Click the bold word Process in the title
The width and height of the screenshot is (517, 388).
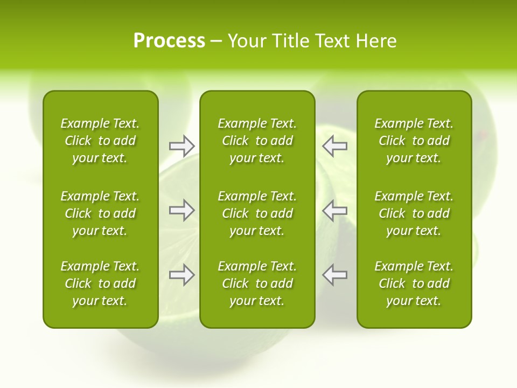(169, 41)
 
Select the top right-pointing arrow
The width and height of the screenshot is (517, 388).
(181, 145)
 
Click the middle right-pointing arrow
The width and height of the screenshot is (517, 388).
(181, 210)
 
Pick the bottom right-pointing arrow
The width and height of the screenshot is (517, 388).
(181, 275)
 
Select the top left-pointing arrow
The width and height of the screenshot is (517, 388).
(335, 145)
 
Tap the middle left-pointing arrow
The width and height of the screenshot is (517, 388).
(335, 210)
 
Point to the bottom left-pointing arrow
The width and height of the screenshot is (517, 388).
(335, 275)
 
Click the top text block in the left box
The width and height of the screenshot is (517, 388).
(100, 141)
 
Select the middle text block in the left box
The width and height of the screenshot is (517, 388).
(100, 213)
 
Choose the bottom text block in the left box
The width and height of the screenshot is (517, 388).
(100, 283)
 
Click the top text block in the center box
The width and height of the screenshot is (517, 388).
(257, 141)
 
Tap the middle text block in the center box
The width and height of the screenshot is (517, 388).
(257, 213)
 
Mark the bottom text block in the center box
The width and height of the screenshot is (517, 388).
(257, 283)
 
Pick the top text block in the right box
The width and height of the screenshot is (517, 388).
(414, 141)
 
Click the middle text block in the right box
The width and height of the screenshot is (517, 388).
(414, 213)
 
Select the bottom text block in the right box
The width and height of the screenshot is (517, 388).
(414, 283)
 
